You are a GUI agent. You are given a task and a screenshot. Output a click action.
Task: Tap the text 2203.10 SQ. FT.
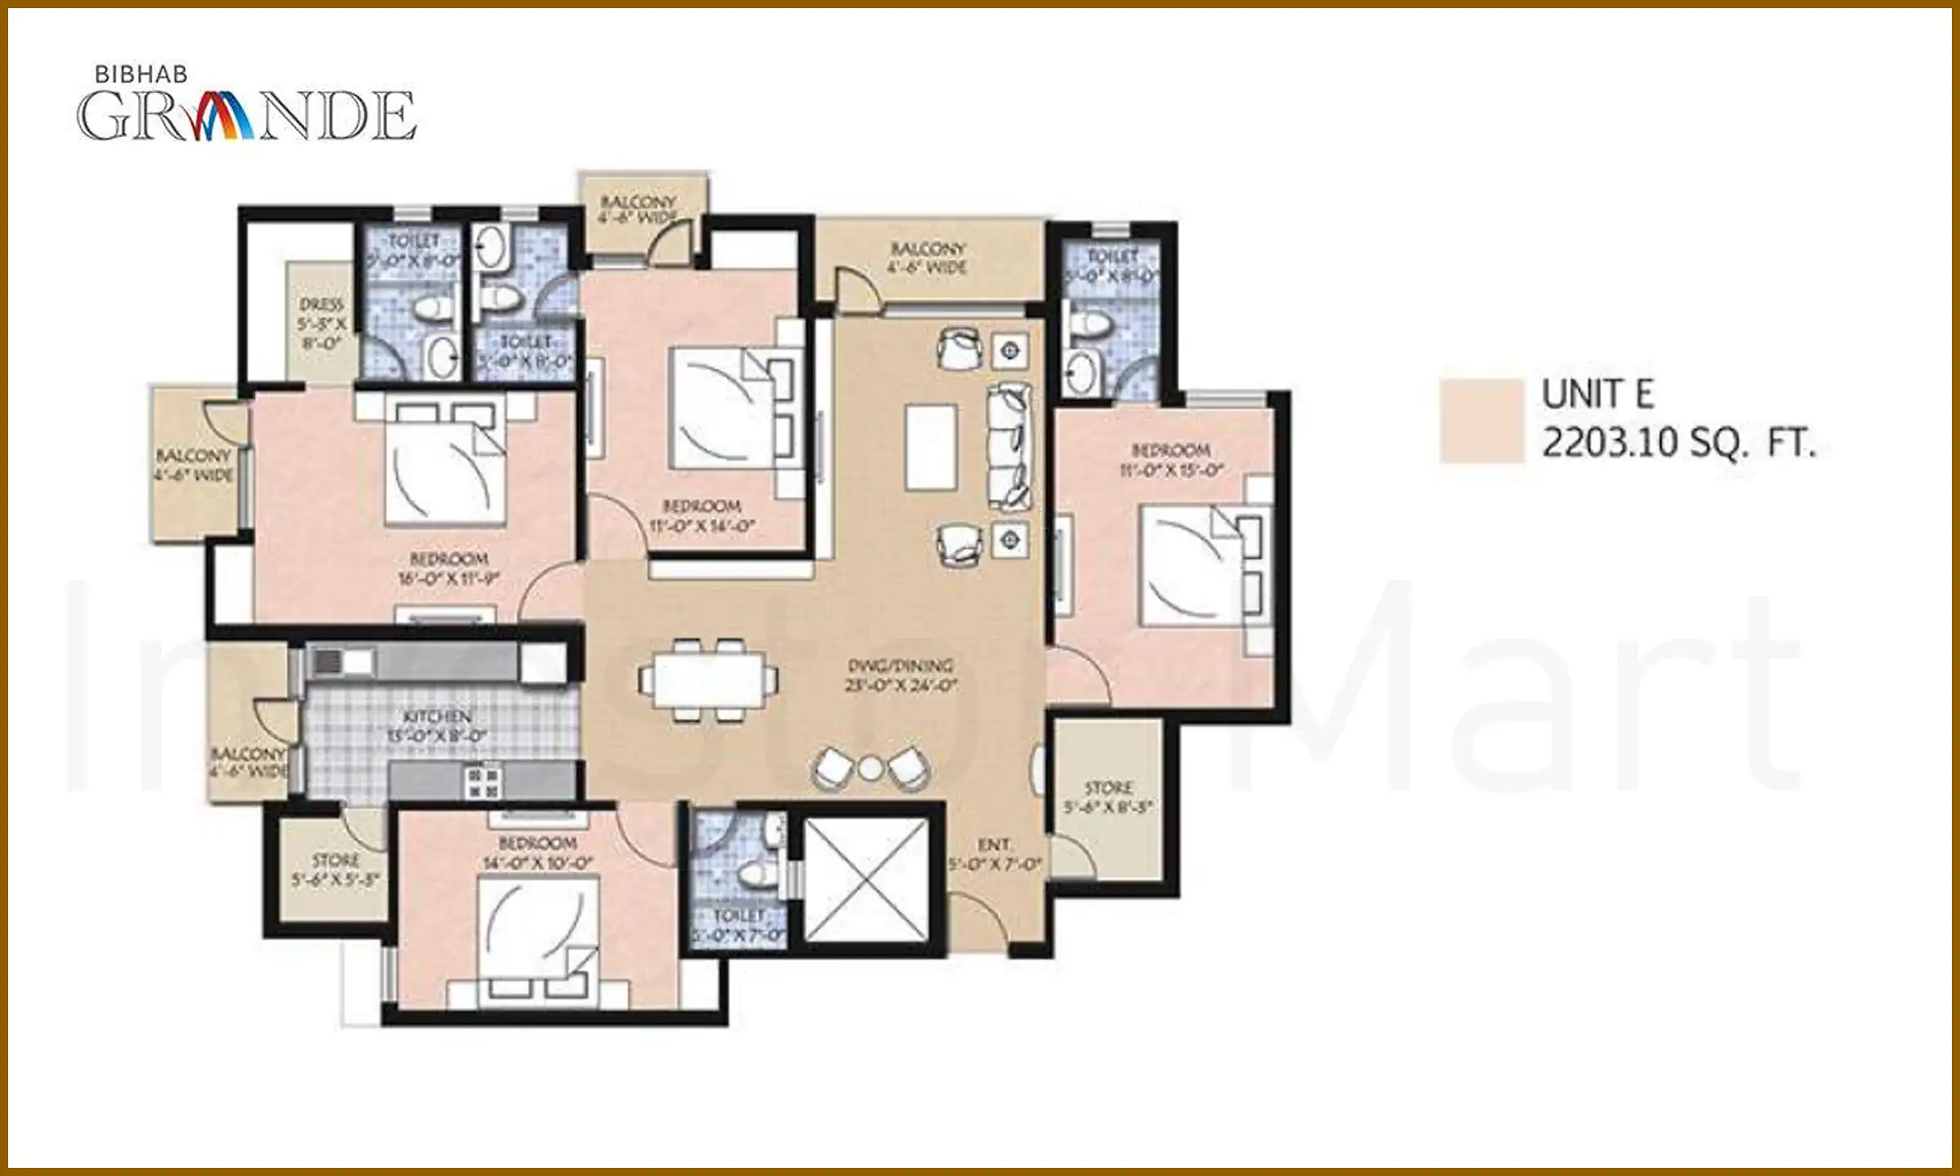[1678, 444]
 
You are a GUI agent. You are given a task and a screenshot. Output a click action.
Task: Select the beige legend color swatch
[1481, 421]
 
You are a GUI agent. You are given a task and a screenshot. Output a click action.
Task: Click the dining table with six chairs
[708, 679]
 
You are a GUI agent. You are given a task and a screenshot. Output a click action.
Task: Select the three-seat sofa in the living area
[1009, 446]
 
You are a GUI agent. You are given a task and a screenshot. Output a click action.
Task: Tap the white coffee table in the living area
[931, 446]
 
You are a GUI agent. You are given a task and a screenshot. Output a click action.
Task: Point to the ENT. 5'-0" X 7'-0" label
[994, 853]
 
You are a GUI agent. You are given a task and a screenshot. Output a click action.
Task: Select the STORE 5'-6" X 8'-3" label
[1108, 797]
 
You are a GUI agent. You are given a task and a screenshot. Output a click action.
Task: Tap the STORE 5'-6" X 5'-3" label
[336, 871]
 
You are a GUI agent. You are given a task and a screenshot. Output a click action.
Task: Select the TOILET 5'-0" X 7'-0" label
[739, 925]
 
